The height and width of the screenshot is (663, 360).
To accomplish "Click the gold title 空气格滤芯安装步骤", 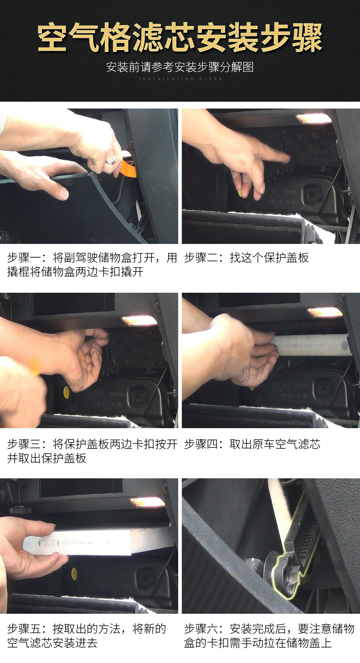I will coord(180,37).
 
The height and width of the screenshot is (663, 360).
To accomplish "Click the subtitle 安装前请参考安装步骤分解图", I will coord(180,67).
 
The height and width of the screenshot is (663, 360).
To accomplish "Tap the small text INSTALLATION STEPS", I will coord(180,79).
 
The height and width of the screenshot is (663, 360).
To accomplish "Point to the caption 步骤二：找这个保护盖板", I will coord(246,258).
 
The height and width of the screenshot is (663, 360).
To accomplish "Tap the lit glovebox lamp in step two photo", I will coord(314,118).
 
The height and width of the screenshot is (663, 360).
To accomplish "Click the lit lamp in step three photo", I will coord(139,320).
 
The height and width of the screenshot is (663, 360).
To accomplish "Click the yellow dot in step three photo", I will coord(67,390).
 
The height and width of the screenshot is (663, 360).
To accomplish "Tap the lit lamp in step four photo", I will coord(324,312).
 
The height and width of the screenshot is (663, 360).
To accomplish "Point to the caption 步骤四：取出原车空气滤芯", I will coord(252,444).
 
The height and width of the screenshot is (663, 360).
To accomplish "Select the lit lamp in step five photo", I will coord(147,502).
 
